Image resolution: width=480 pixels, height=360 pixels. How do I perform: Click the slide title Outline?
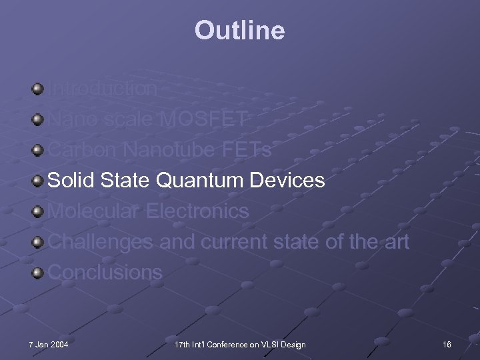coord(239,30)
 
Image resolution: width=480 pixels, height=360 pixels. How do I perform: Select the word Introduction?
coord(103,89)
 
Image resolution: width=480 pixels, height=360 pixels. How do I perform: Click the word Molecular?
coord(95,211)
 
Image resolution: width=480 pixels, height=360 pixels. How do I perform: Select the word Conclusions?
coord(105,273)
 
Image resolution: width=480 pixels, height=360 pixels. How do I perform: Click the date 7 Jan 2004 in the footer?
coord(49,344)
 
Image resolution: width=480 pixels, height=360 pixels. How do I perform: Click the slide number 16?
coord(446,344)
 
